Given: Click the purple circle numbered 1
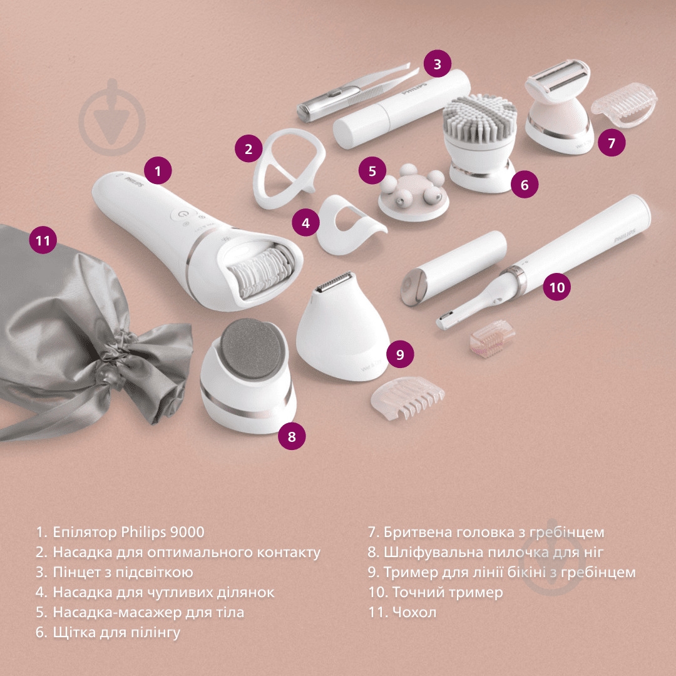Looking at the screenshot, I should click(158, 170).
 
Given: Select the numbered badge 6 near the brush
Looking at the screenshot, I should click(525, 184).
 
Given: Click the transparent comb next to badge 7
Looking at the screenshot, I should click(625, 104).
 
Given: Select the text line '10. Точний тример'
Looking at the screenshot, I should click(435, 591).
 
